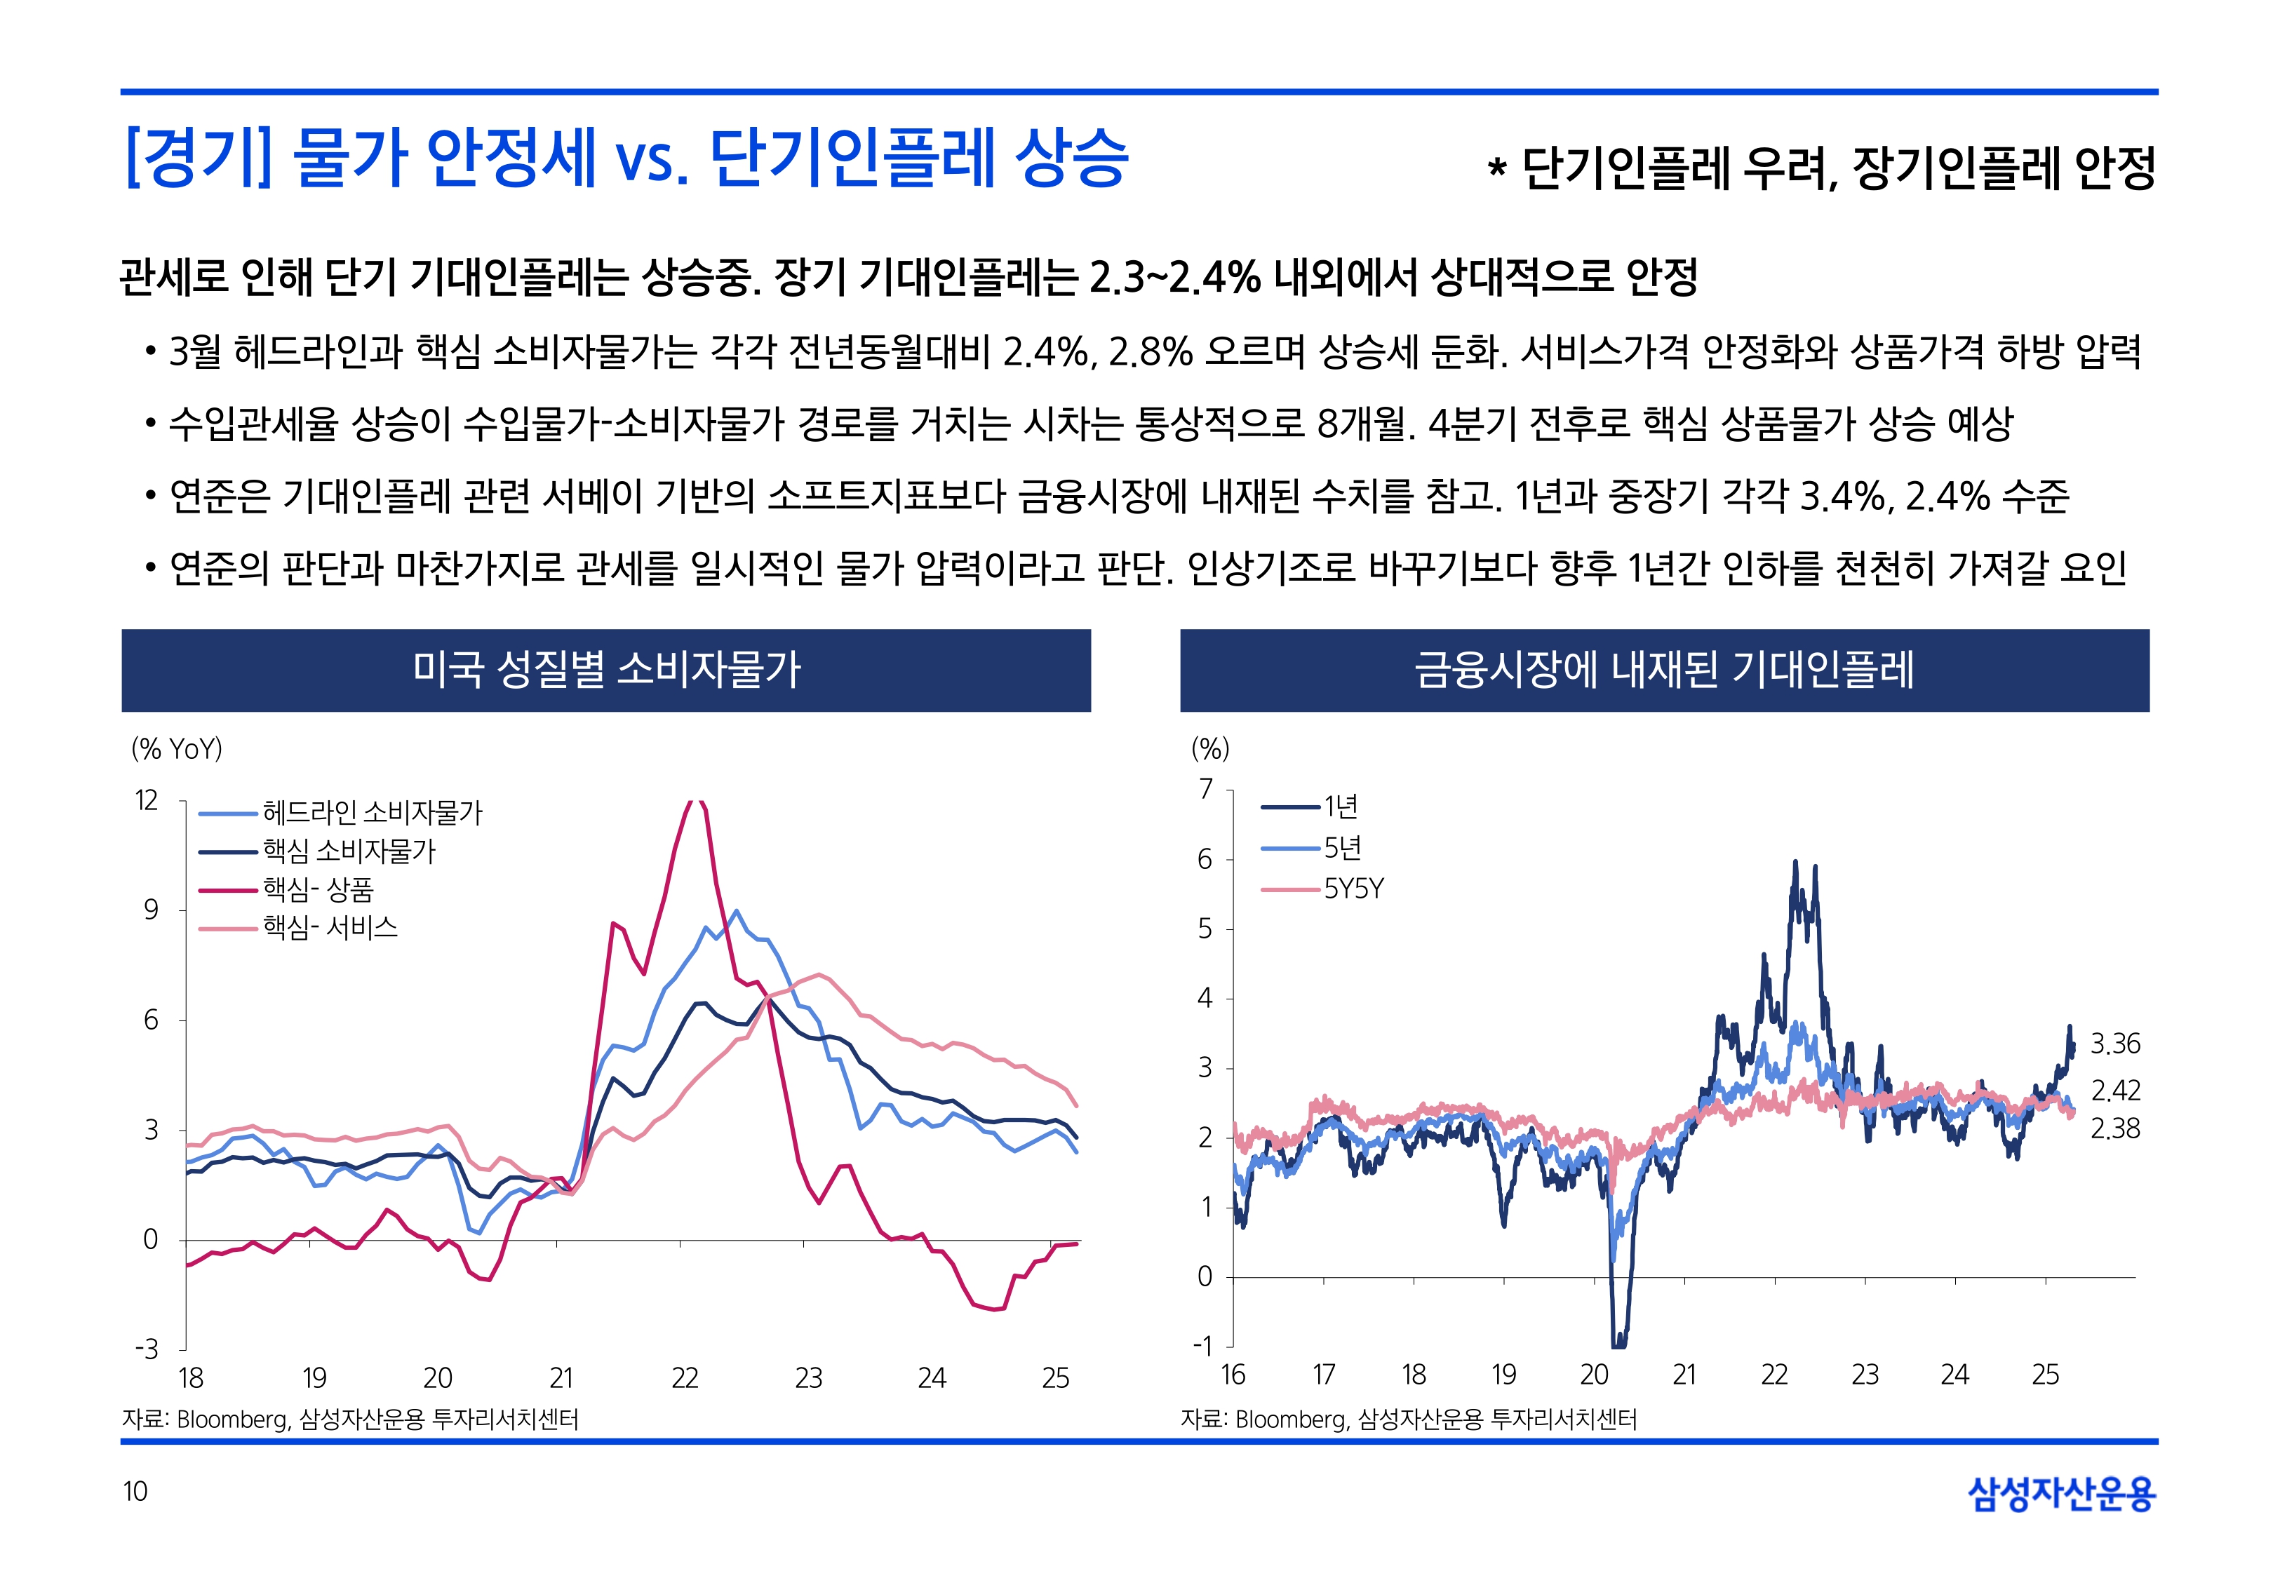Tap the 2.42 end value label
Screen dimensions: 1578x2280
pos(2115,1091)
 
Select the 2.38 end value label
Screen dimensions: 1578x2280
pos(2115,1128)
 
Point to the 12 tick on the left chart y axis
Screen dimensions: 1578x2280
pos(147,801)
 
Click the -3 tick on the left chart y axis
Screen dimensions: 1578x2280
pos(147,1349)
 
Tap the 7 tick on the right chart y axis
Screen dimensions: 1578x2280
pos(1205,789)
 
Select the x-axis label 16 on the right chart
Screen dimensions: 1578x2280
pos(1233,1375)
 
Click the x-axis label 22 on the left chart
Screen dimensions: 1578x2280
pos(684,1377)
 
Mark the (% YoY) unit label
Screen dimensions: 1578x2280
pos(177,748)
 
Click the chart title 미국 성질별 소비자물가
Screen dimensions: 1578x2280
pos(606,669)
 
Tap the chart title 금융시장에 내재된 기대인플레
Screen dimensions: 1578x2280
pos(1664,669)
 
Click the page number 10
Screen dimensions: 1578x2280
pos(135,1491)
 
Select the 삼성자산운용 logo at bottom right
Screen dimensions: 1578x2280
pos(2062,1493)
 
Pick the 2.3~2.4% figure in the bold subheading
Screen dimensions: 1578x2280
pos(1174,278)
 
